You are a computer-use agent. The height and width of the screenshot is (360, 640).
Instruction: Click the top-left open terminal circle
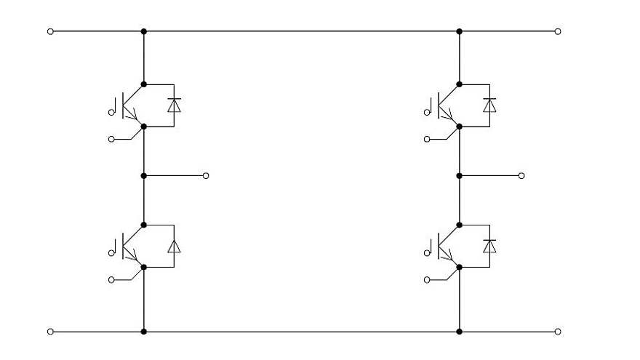(x=50, y=31)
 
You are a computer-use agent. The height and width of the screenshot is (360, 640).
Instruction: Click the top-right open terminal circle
(x=557, y=31)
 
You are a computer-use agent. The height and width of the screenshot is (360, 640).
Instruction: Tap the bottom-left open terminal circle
(x=50, y=332)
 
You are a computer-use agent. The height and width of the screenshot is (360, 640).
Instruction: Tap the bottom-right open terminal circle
(x=557, y=332)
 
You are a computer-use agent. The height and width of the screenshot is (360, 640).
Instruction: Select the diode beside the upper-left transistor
(x=174, y=105)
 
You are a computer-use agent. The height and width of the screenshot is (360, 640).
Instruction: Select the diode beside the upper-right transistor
(x=489, y=105)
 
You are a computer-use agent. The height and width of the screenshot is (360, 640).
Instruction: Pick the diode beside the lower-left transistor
(x=174, y=246)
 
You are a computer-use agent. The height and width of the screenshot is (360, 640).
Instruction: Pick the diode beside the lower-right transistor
(x=489, y=246)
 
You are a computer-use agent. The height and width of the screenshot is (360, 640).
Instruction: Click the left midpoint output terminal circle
(x=206, y=176)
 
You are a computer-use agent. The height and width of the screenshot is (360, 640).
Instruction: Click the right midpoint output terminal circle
(x=521, y=176)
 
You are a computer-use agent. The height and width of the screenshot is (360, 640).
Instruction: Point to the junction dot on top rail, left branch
(x=144, y=31)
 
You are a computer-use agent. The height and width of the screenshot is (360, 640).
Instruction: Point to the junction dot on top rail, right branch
(x=460, y=31)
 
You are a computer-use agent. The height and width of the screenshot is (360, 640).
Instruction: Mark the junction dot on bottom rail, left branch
(x=144, y=332)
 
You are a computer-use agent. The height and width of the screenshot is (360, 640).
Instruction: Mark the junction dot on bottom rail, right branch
(x=460, y=332)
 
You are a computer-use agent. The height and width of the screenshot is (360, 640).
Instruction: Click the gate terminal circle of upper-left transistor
(x=111, y=112)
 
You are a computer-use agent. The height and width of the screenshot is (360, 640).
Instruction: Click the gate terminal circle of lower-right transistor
(x=426, y=252)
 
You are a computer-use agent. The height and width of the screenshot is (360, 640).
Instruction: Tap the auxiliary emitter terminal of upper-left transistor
(x=111, y=139)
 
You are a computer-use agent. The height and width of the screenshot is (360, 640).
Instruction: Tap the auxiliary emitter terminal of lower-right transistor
(x=426, y=279)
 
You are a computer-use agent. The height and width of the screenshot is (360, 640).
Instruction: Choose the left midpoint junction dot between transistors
(x=144, y=176)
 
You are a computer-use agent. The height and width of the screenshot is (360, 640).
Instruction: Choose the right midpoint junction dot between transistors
(x=460, y=176)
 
